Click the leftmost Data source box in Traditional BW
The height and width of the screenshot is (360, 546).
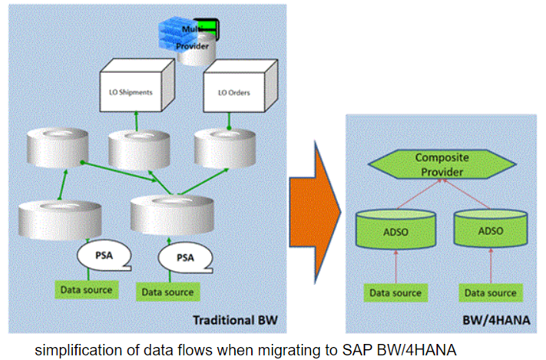click(x=87, y=289)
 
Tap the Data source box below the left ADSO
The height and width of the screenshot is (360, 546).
click(x=395, y=292)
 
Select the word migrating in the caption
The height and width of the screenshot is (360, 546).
click(x=287, y=349)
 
